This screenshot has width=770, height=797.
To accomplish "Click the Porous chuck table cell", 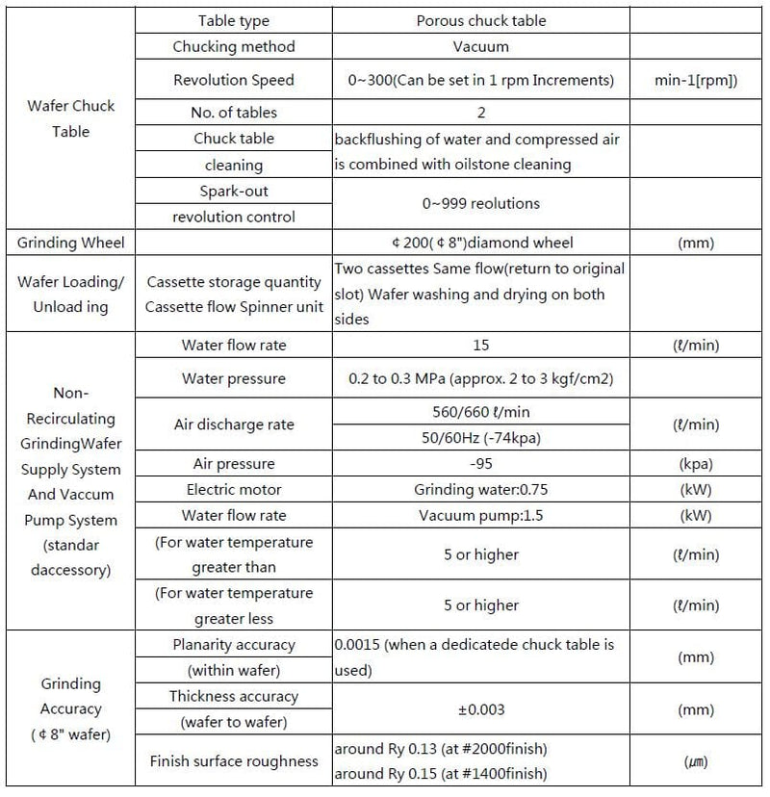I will pyautogui.click(x=480, y=20).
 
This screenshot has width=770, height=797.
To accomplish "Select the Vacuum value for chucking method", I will pyautogui.click(x=480, y=46).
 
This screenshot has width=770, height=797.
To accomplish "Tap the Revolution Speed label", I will pyautogui.click(x=234, y=80).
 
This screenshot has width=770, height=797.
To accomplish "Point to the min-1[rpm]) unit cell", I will pyautogui.click(x=696, y=80).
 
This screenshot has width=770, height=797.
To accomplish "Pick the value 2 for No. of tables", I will pyautogui.click(x=480, y=113).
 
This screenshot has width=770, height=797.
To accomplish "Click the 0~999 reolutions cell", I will pyautogui.click(x=480, y=203).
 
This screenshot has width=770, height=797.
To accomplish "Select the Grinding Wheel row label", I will pyautogui.click(x=66, y=243).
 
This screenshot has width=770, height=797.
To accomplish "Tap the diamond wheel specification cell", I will pyautogui.click(x=480, y=243).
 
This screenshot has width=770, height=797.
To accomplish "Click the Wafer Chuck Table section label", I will pyautogui.click(x=70, y=118).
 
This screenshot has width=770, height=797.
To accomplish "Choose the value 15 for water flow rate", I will pyautogui.click(x=480, y=345).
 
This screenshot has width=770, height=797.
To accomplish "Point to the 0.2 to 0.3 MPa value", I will pyautogui.click(x=480, y=378).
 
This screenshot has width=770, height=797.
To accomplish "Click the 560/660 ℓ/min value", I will pyautogui.click(x=480, y=412).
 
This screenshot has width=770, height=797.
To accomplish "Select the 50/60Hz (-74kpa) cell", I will pyautogui.click(x=480, y=437).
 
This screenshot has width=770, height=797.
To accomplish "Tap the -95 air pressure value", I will pyautogui.click(x=480, y=464).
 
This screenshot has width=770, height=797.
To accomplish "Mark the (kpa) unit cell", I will pyautogui.click(x=696, y=464).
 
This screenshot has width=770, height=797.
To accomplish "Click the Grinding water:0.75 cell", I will pyautogui.click(x=480, y=489).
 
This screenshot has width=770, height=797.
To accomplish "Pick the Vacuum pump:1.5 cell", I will pyautogui.click(x=480, y=515).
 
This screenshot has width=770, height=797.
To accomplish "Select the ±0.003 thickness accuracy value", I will pyautogui.click(x=480, y=708).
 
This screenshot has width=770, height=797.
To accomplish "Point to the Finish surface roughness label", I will pyautogui.click(x=234, y=761).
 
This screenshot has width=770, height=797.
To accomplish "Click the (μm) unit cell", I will pyautogui.click(x=696, y=761).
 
